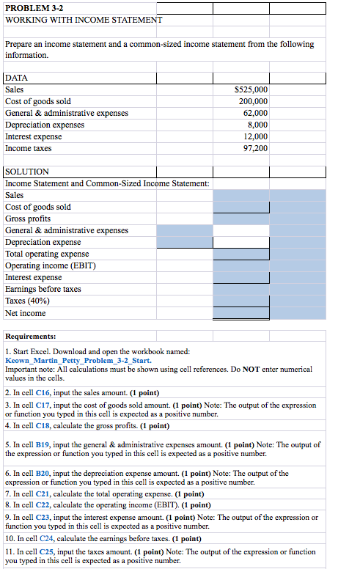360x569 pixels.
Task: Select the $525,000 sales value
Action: (x=251, y=89)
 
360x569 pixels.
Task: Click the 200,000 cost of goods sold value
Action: (x=253, y=101)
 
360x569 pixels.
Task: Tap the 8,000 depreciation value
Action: (x=257, y=125)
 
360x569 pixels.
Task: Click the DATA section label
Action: (x=17, y=77)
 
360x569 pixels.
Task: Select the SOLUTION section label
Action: (x=27, y=171)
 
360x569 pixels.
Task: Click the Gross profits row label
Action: (x=28, y=219)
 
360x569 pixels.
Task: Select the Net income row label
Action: (x=25, y=313)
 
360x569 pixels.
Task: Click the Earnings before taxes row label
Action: (x=43, y=289)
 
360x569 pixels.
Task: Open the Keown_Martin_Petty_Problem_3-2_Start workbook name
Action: (x=78, y=361)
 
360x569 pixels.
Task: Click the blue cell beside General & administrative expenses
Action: (x=184, y=230)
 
